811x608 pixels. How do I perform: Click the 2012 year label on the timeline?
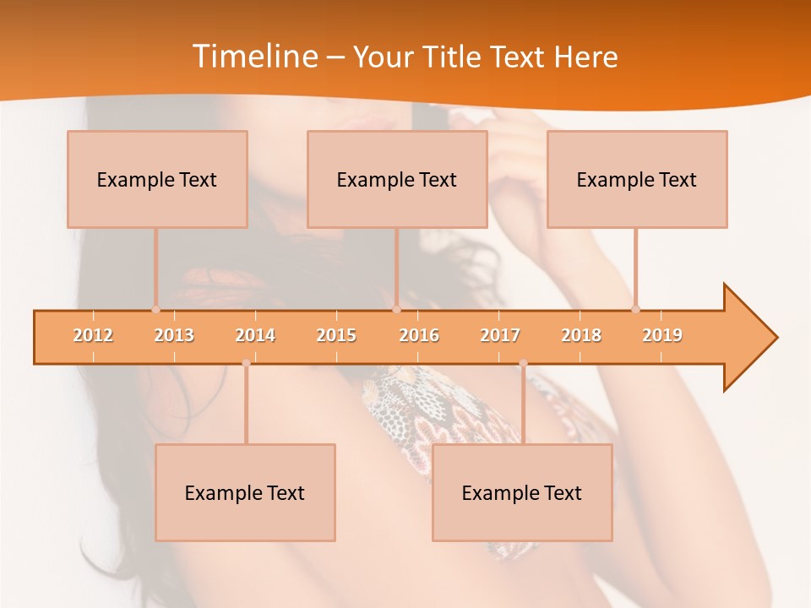click(x=93, y=335)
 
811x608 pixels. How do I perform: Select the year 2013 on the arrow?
click(x=174, y=335)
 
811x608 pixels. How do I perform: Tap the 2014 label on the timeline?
click(x=255, y=335)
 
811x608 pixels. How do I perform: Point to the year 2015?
click(x=336, y=335)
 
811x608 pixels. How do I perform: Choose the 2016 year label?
click(x=419, y=335)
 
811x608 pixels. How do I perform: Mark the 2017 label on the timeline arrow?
click(x=500, y=335)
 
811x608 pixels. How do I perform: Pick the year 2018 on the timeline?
click(x=581, y=335)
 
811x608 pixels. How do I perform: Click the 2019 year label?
click(x=662, y=335)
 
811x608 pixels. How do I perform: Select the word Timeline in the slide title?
click(x=253, y=57)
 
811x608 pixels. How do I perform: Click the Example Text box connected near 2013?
click(x=157, y=179)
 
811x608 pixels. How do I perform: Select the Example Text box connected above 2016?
click(x=397, y=179)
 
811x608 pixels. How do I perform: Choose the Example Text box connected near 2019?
click(x=637, y=179)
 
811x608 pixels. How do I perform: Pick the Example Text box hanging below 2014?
click(x=245, y=492)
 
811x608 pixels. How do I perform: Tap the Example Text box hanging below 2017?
click(x=522, y=492)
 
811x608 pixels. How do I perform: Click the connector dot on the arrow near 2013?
click(x=155, y=309)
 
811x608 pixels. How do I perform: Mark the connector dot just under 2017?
click(x=523, y=363)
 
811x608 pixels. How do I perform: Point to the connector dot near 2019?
click(x=635, y=309)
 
